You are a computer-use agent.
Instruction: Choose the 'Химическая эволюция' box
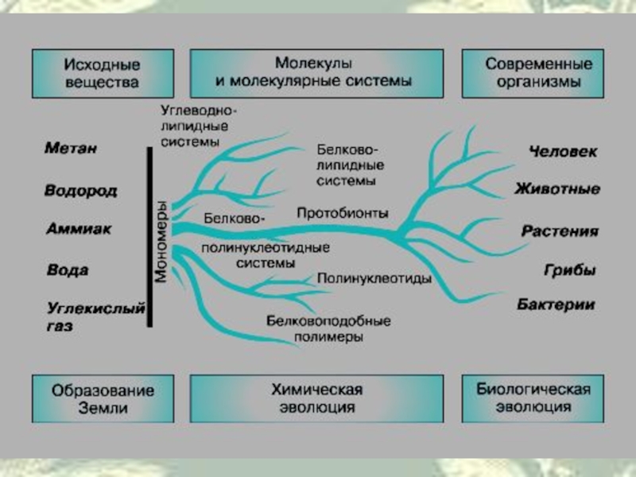point(316,398)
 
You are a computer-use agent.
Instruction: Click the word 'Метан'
point(72,148)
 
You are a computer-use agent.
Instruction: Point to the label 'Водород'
point(81,191)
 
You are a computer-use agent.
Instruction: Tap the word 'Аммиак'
point(78,229)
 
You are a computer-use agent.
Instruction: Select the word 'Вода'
point(68,270)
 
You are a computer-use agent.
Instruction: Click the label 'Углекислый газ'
point(95,315)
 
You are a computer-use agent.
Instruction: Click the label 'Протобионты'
point(343,213)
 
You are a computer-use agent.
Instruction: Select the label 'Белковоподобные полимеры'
point(328,328)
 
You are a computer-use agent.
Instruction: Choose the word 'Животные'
point(556,189)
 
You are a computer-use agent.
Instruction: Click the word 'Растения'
point(560,231)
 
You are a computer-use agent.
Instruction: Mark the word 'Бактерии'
point(556,304)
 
